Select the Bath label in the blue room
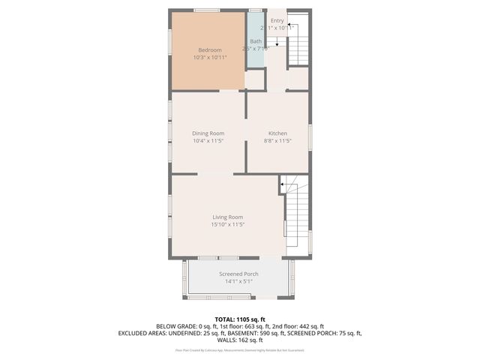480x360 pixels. pos(256,41)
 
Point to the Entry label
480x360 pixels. pos(277,20)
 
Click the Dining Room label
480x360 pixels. pos(208,133)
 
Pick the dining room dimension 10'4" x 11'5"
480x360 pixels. pos(208,141)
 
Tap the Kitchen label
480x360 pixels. pos(277,133)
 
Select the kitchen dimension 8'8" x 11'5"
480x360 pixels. pos(277,141)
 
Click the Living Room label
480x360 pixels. pos(227,217)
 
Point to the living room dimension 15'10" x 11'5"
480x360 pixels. pos(227,224)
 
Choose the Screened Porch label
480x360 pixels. pos(238,274)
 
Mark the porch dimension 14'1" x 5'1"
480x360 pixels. pos(238,282)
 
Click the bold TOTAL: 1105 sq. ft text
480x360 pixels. pos(239,319)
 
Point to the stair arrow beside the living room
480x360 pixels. pos(283,183)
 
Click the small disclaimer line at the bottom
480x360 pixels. pos(239,349)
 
